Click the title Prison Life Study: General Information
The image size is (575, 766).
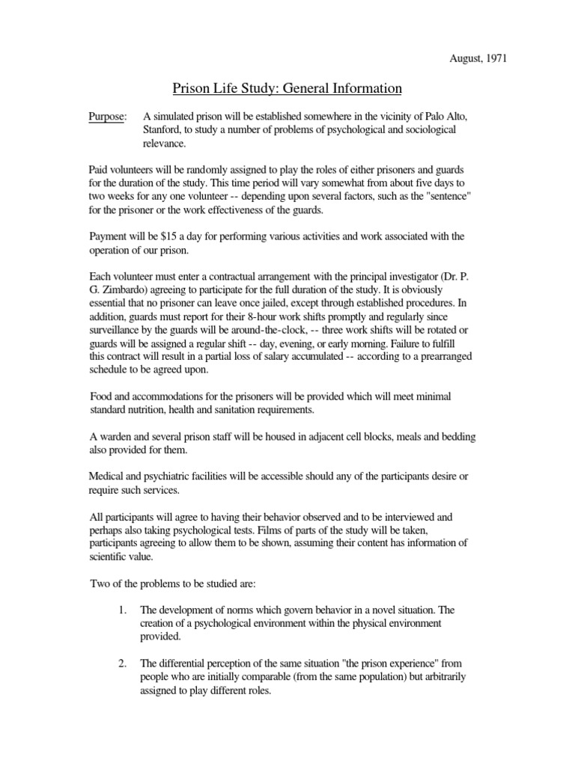point(287,89)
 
